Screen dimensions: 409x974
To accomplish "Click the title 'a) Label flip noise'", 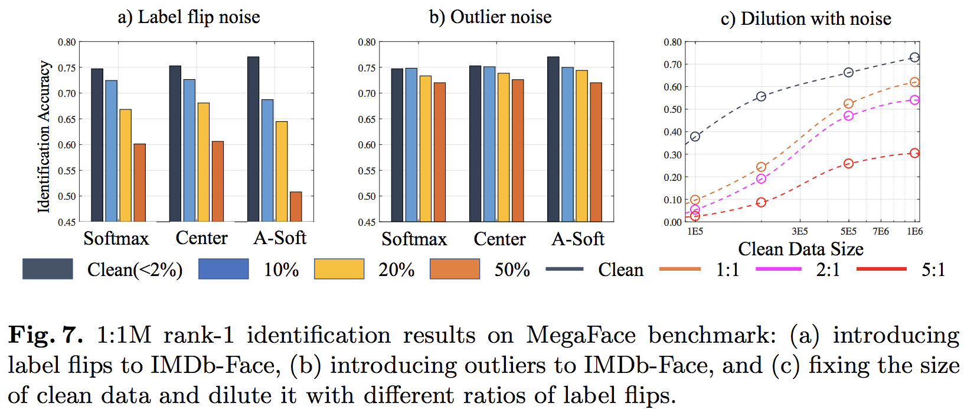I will pyautogui.click(x=189, y=17).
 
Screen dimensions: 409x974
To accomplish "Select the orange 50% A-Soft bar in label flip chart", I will pyautogui.click(x=296, y=207).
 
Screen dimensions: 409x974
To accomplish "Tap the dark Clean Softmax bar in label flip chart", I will pyautogui.click(x=97, y=145).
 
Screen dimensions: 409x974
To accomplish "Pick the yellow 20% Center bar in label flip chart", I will pyautogui.click(x=204, y=163).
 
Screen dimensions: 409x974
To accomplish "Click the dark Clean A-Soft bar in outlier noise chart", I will pyautogui.click(x=553, y=139).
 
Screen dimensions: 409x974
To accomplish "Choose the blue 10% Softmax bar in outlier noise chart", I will pyautogui.click(x=411, y=145).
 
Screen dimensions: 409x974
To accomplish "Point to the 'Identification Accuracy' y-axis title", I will pyautogui.click(x=44, y=137).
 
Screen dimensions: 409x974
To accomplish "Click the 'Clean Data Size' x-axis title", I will pyautogui.click(x=800, y=249).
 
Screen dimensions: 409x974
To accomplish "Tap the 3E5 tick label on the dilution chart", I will pyautogui.click(x=800, y=232).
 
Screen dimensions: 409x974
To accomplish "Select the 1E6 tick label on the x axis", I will pyautogui.click(x=914, y=232).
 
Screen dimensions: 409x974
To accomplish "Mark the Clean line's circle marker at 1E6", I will pyautogui.click(x=914, y=57).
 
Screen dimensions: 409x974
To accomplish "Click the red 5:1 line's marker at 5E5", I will pyautogui.click(x=848, y=164).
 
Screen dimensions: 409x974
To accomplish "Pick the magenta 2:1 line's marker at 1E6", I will pyautogui.click(x=914, y=100).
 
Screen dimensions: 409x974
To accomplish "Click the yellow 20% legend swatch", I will pyautogui.click(x=339, y=269).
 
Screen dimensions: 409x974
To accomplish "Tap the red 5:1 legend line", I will pyautogui.click(x=881, y=270).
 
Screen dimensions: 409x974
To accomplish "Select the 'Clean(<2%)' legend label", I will pyautogui.click(x=135, y=270).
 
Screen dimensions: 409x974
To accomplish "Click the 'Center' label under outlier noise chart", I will pyautogui.click(x=499, y=239).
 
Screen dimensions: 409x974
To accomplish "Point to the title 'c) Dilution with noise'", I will pyautogui.click(x=806, y=18).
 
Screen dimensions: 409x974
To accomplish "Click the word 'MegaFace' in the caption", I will pyautogui.click(x=581, y=335).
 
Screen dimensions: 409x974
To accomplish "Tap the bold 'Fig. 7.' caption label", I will pyautogui.click(x=45, y=335).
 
